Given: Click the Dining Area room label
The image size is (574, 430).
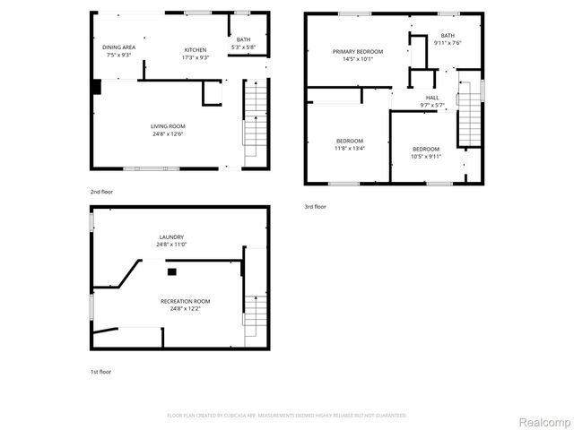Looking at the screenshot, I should pyautogui.click(x=119, y=46).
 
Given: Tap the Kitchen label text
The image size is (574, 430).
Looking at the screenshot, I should pyautogui.click(x=196, y=49).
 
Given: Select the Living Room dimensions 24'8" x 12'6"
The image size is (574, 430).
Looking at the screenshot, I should pyautogui.click(x=167, y=134).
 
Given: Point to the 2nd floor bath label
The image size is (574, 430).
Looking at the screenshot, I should pyautogui.click(x=243, y=39).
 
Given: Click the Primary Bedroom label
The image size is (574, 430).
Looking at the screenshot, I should pyautogui.click(x=358, y=52).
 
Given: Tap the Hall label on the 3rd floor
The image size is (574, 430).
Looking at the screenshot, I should pyautogui.click(x=432, y=97).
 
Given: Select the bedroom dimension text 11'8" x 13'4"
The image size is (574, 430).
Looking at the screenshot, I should pyautogui.click(x=350, y=149).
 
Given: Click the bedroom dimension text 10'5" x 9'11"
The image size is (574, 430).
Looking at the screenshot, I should pyautogui.click(x=426, y=156).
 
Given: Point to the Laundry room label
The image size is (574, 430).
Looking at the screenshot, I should pyautogui.click(x=170, y=236).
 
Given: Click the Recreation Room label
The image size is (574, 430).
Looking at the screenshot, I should pyautogui.click(x=185, y=301).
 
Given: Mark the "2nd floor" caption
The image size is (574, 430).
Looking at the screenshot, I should pyautogui.click(x=101, y=192).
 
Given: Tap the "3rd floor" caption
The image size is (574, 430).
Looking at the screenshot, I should pyautogui.click(x=315, y=207).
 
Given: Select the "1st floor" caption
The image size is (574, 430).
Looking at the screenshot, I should pyautogui.click(x=100, y=371).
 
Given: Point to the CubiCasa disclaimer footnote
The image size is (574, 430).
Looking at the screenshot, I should pyautogui.click(x=287, y=416).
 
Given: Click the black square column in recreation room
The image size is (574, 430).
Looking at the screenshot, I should pyautogui.click(x=172, y=271).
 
